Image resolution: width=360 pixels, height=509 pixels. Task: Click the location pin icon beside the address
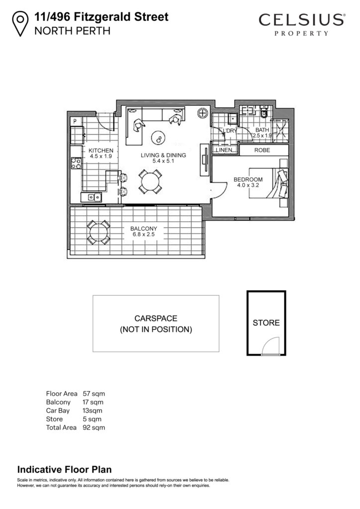(x=20, y=23)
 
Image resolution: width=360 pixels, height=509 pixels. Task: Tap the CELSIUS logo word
(x=301, y=20)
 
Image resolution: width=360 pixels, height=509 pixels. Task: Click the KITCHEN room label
(x=101, y=151)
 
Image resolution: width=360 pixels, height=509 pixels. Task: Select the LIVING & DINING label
(x=163, y=155)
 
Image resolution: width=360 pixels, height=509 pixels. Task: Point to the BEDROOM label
(x=248, y=179)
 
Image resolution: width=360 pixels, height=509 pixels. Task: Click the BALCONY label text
(x=144, y=229)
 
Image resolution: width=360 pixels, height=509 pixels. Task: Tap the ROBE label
(x=262, y=150)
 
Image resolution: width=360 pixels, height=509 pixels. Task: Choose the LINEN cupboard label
(x=224, y=150)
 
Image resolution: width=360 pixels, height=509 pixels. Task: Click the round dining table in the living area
(x=150, y=182)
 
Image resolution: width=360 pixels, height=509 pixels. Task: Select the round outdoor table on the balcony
(x=98, y=233)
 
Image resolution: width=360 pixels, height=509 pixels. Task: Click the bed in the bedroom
(x=268, y=183)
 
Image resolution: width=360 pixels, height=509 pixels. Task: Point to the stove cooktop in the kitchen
(x=76, y=163)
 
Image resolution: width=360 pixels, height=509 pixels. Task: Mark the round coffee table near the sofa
(x=159, y=138)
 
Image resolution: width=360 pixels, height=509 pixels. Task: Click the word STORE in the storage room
(x=266, y=323)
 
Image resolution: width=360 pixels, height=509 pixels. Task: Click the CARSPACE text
(x=156, y=319)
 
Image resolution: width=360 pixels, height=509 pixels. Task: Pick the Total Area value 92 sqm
(x=94, y=427)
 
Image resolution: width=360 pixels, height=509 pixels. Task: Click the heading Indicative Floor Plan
(x=64, y=469)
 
